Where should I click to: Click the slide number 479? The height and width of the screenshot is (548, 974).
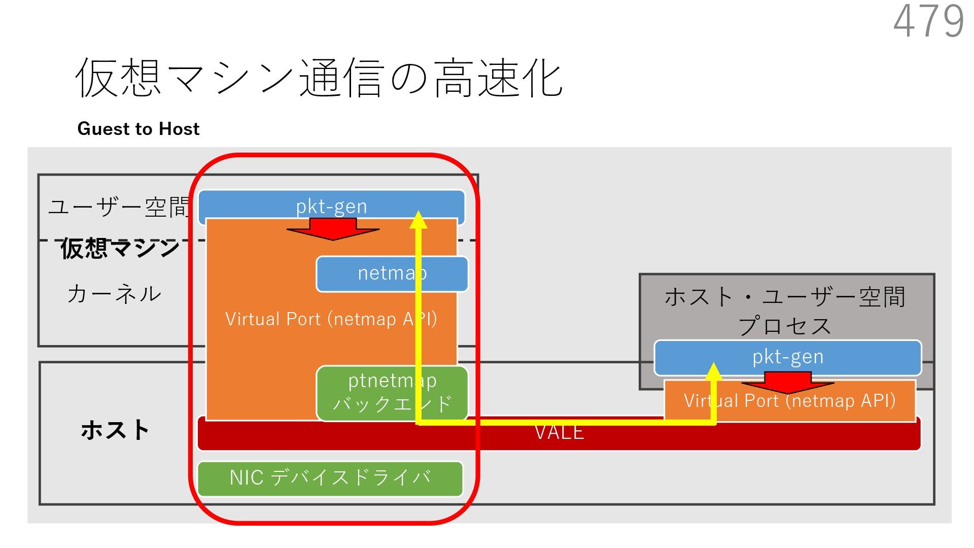(x=928, y=21)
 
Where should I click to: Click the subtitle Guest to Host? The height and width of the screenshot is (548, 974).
(x=138, y=129)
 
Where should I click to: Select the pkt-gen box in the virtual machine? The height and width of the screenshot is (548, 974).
(x=331, y=206)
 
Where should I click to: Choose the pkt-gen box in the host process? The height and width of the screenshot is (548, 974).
(x=787, y=357)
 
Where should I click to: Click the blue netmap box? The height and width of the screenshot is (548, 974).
(x=392, y=273)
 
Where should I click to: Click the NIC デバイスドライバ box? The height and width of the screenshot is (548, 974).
(x=330, y=478)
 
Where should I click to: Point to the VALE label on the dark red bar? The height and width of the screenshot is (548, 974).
(x=559, y=433)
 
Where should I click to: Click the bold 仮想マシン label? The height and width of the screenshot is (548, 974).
(x=120, y=248)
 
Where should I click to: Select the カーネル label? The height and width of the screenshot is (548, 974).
(x=114, y=294)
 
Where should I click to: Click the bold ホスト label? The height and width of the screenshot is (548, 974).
(x=115, y=430)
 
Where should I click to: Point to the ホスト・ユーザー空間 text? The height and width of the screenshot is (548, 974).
(x=785, y=297)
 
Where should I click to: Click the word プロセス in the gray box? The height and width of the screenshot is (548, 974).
(x=785, y=325)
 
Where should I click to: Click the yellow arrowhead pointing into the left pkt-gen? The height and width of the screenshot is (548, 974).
(x=418, y=220)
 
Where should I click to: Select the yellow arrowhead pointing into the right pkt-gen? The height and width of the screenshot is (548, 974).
(x=714, y=372)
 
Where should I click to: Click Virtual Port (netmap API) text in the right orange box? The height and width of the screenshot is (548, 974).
(x=789, y=401)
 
